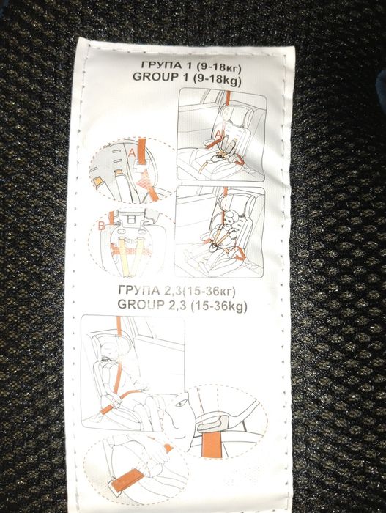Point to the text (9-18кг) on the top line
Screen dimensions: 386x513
[219, 67]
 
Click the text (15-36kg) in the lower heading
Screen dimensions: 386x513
[218, 306]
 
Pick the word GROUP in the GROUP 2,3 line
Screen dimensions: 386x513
[141, 304]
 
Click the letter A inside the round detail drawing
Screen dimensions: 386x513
[132, 152]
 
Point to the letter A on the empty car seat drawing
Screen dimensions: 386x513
[219, 134]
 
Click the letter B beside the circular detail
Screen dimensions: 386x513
[102, 226]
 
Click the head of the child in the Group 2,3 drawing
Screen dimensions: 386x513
[110, 348]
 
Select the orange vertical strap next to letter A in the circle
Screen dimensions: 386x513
[141, 151]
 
